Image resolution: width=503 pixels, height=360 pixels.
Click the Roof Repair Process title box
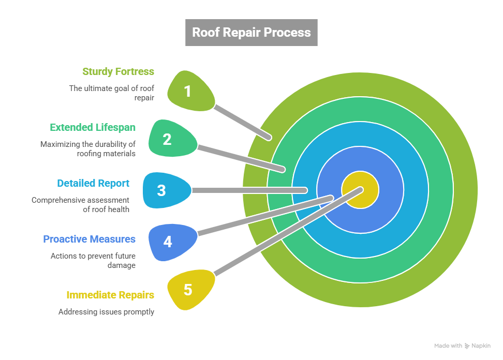(251, 32)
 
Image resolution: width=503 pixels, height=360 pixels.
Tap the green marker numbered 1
(189, 91)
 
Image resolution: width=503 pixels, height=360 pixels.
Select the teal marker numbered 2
(170, 139)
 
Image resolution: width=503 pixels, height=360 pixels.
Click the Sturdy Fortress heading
(118, 71)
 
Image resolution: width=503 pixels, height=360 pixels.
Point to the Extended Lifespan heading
(93, 127)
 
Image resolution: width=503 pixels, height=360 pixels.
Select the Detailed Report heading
(93, 183)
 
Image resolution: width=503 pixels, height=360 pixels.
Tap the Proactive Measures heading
(89, 239)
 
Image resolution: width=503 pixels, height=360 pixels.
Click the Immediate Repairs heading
(110, 295)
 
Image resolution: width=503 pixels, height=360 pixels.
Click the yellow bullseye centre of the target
(361, 190)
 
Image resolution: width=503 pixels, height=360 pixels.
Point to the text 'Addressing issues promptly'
(106, 312)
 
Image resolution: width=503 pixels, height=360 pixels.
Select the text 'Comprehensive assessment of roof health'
(81, 204)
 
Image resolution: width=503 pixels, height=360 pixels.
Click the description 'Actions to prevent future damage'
(93, 260)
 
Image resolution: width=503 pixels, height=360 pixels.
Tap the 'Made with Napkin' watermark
(462, 346)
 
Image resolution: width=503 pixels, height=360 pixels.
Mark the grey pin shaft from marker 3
(248, 190)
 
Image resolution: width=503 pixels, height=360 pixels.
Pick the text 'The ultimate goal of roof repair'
(112, 93)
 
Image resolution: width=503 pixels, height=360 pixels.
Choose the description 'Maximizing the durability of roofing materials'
(88, 148)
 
